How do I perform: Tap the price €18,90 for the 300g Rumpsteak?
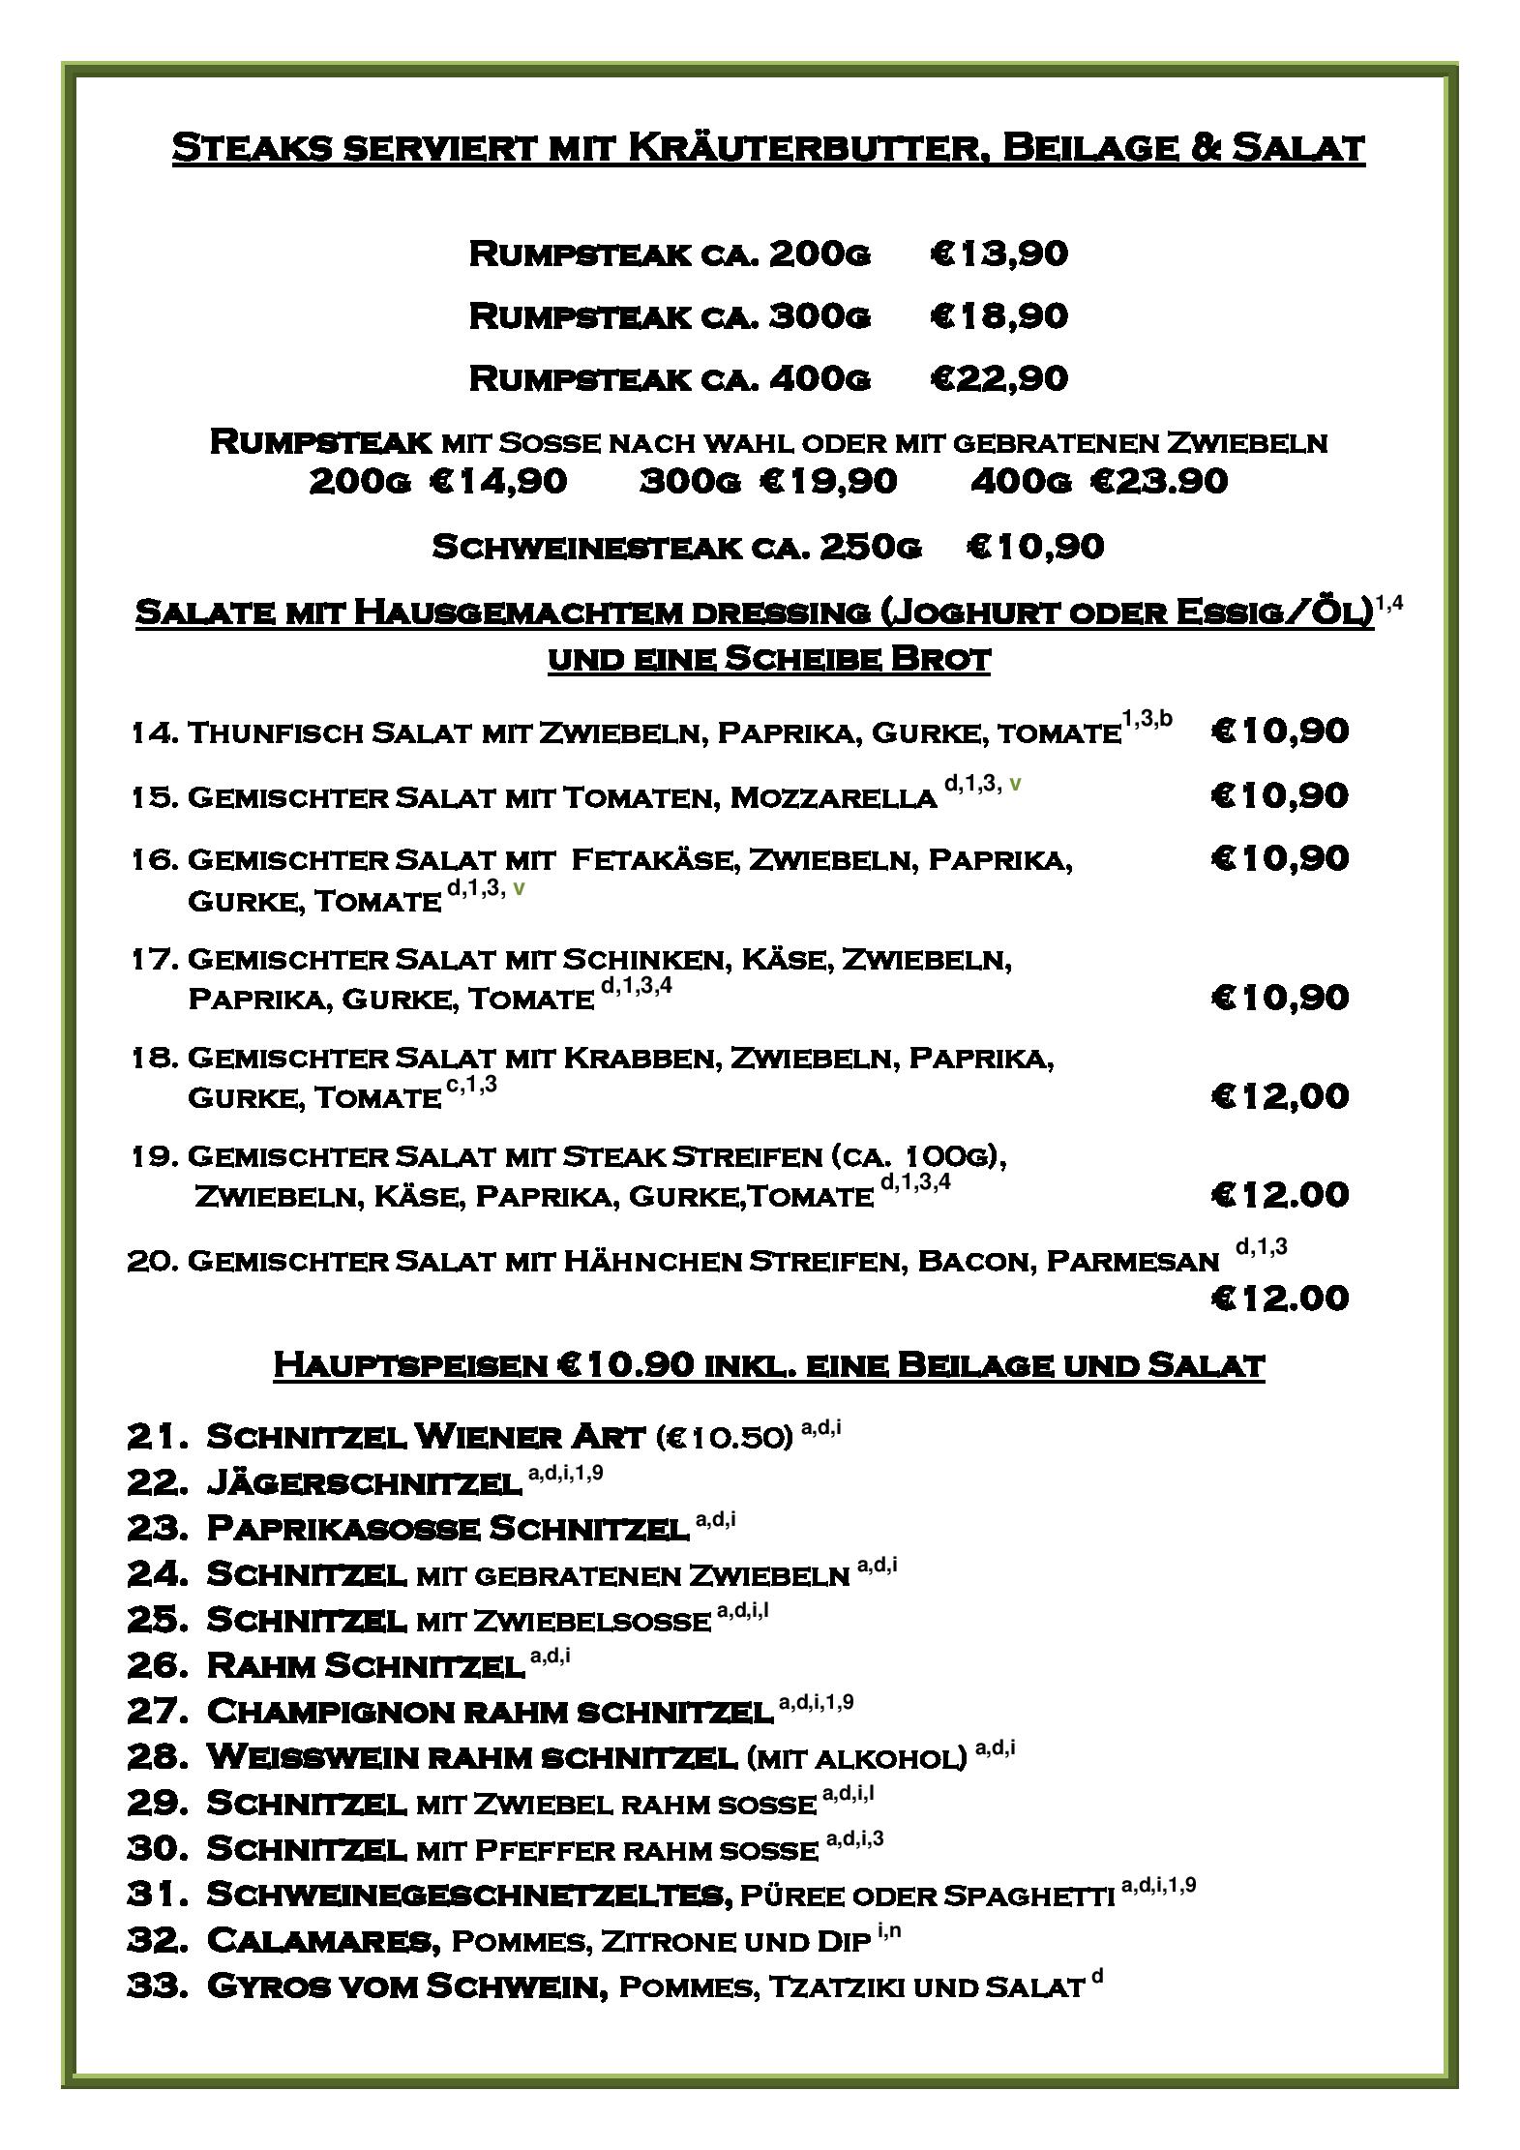pyautogui.click(x=998, y=315)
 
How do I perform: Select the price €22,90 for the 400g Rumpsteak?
pyautogui.click(x=998, y=377)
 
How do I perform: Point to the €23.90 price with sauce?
pyautogui.click(x=1158, y=481)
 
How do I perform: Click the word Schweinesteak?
pyautogui.click(x=588, y=548)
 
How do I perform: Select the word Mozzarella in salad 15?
pyautogui.click(x=832, y=797)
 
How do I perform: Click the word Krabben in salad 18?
pyautogui.click(x=640, y=1058)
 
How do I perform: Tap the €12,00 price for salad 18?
pyautogui.click(x=1279, y=1096)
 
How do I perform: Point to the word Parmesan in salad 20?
pyautogui.click(x=1132, y=1261)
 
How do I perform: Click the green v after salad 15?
pyautogui.click(x=1014, y=784)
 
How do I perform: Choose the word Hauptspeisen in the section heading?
pyautogui.click(x=410, y=1365)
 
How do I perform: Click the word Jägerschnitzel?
pyautogui.click(x=364, y=1482)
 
